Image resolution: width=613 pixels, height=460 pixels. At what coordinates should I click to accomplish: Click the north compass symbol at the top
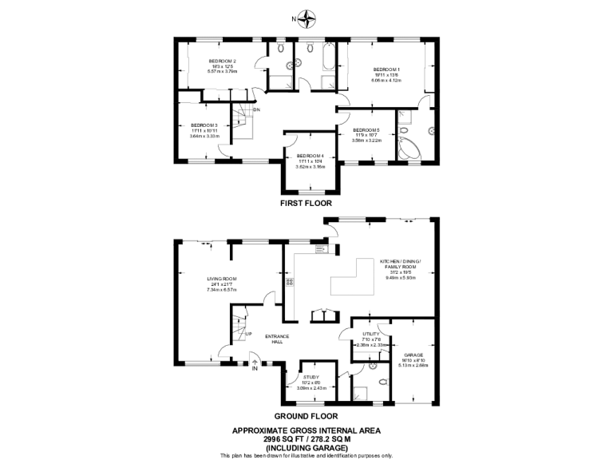coord(306,18)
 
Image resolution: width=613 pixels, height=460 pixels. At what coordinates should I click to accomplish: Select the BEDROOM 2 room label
coord(223,61)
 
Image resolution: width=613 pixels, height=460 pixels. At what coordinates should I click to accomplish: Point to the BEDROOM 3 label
coord(204,125)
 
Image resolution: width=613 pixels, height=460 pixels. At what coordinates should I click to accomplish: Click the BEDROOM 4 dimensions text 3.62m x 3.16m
coord(310,166)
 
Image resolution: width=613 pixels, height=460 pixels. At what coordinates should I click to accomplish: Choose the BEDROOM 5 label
coord(366,130)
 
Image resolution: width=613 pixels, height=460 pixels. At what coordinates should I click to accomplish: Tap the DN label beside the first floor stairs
coord(256,109)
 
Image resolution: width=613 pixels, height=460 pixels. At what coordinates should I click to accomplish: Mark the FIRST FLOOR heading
coord(306,204)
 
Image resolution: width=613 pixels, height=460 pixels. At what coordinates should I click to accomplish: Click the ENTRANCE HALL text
coord(277,339)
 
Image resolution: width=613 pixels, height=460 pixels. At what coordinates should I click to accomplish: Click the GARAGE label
coord(413,355)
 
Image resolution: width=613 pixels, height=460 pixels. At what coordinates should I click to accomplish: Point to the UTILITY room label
coord(371,334)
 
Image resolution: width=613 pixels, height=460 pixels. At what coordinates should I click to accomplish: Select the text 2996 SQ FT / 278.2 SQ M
coord(306,438)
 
